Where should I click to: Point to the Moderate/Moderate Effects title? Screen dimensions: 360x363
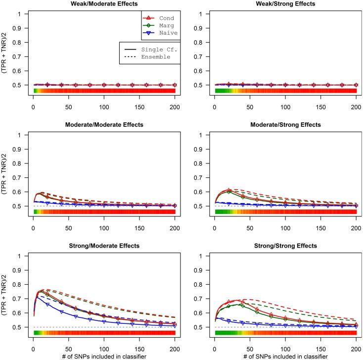pyautogui.click(x=104, y=125)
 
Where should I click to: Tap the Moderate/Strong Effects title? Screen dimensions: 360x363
pyautogui.click(x=285, y=125)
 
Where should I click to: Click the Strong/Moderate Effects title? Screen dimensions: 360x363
pyautogui.click(x=104, y=246)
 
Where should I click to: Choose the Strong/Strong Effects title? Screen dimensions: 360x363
pyautogui.click(x=285, y=246)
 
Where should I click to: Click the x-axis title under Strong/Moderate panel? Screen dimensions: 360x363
pyautogui.click(x=104, y=355)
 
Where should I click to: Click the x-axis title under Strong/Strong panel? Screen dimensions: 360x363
pyautogui.click(x=285, y=355)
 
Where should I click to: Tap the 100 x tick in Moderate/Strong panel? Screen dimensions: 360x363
pyautogui.click(x=285, y=225)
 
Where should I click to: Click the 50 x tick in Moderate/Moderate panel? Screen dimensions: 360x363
pyautogui.click(x=68, y=225)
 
